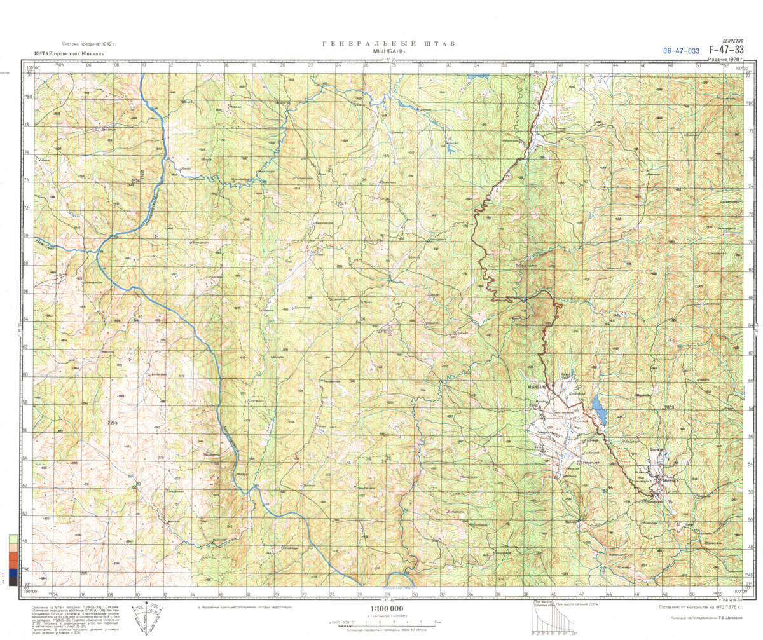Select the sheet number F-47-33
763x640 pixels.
(726, 50)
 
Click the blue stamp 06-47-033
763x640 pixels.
(681, 51)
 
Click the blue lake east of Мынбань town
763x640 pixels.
(597, 410)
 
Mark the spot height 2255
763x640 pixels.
(113, 423)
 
